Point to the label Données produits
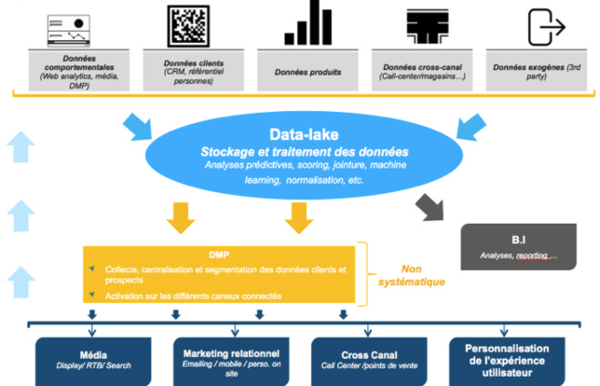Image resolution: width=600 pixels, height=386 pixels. pos(307,71)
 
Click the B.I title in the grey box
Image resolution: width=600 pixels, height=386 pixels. pos(517,239)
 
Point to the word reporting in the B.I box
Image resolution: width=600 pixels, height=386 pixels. pos(533,256)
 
